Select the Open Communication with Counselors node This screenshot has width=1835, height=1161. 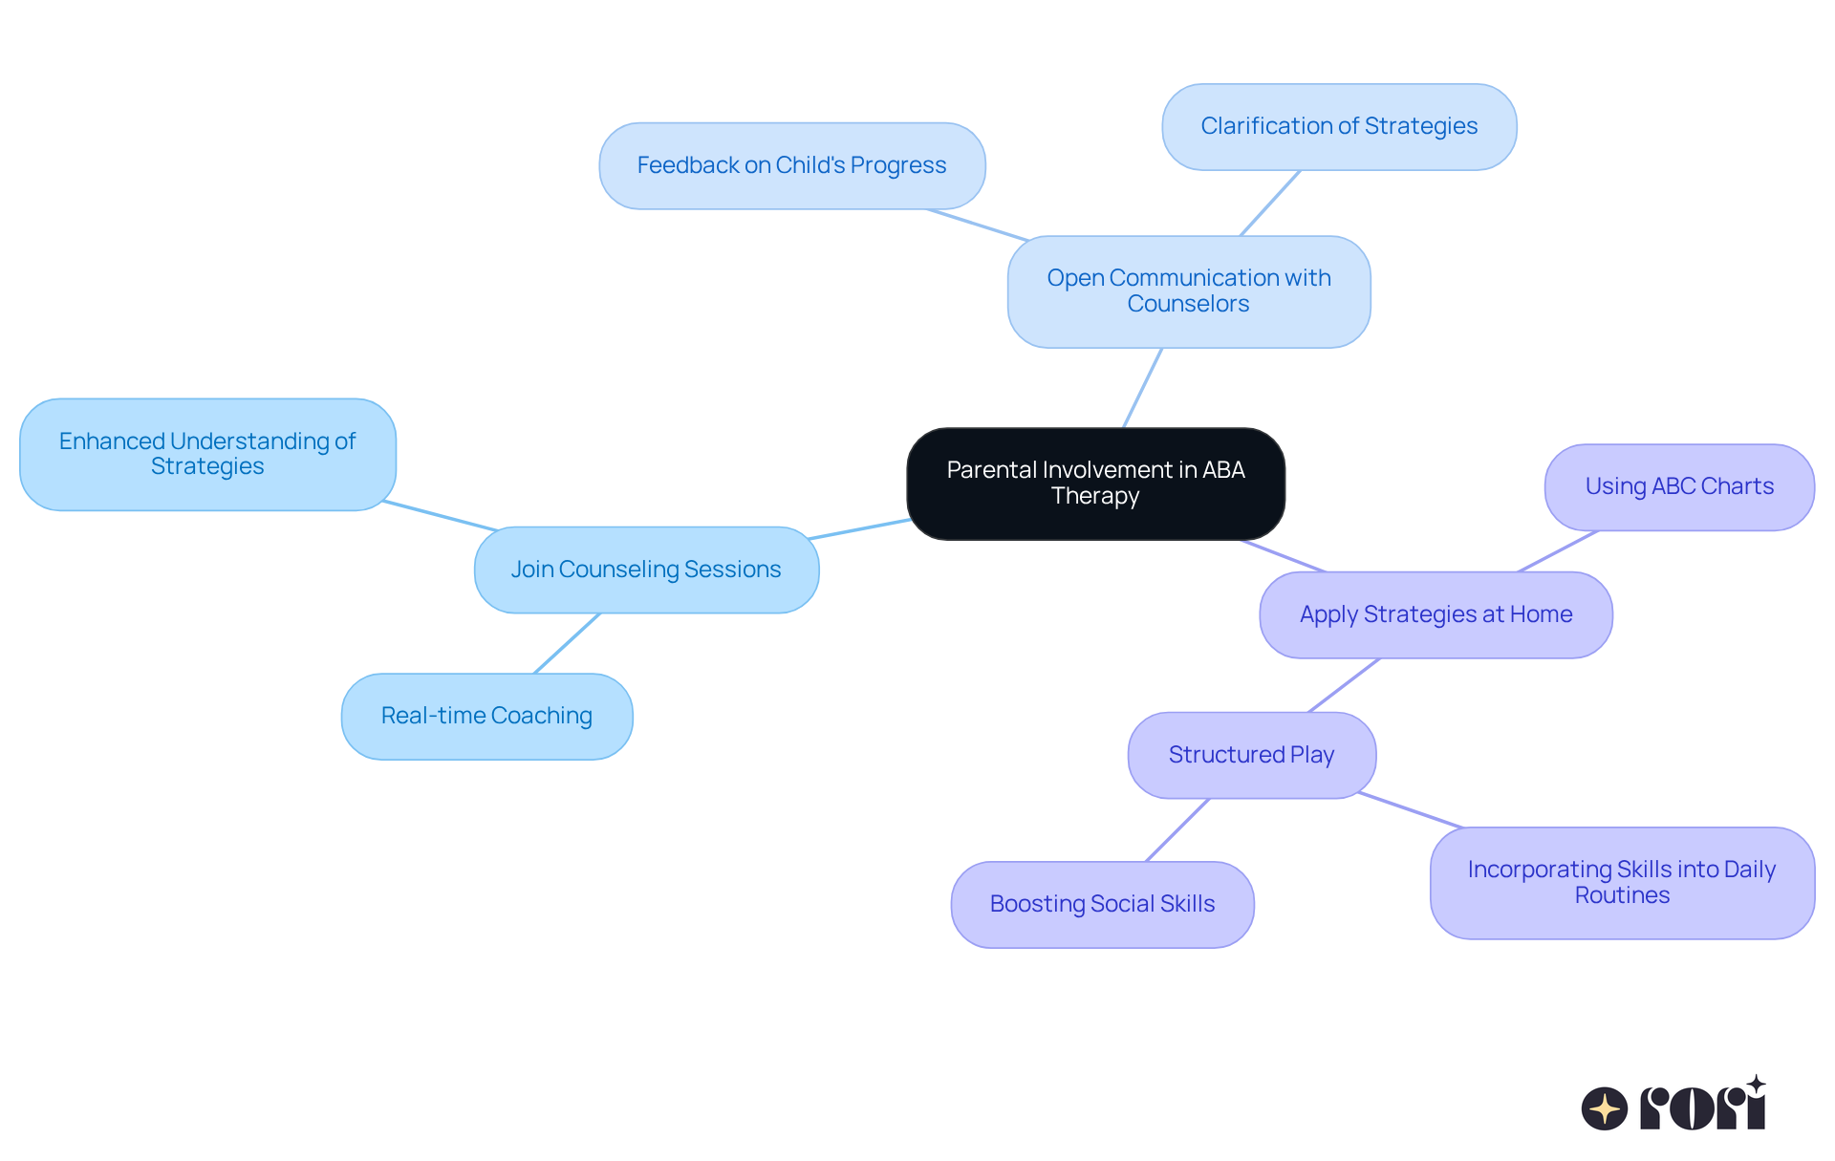pos(1188,291)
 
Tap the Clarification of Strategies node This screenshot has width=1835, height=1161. pos(1338,126)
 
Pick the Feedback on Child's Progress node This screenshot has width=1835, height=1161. pos(791,165)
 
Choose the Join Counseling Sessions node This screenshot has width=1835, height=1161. pos(646,570)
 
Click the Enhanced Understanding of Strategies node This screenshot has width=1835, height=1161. pos(207,454)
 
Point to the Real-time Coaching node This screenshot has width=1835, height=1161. pos(486,716)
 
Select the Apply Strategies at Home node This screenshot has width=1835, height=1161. pos(1436,614)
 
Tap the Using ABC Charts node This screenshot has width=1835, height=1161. pos(1679,486)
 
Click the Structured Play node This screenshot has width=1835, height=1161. pos(1251,755)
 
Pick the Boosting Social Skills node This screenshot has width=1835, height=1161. pos(1102,904)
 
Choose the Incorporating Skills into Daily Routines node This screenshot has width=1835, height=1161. pos(1622,882)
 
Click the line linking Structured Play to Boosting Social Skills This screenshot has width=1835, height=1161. pos(1177,830)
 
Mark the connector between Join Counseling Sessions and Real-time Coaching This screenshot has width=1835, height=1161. pos(567,643)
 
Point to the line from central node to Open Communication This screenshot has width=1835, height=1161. pos(1142,388)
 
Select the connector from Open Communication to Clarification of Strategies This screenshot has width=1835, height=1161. pos(1270,203)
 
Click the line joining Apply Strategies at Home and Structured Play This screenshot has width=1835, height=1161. pos(1344,685)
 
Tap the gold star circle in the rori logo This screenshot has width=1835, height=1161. pos(1604,1108)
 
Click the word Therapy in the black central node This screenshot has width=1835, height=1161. pos(1095,496)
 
